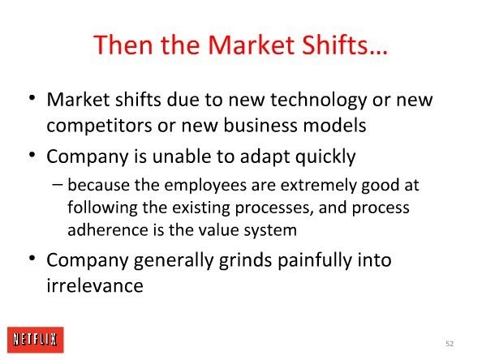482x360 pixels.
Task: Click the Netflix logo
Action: [36, 340]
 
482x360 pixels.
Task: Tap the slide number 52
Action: [450, 344]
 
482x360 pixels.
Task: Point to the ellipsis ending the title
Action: [378, 52]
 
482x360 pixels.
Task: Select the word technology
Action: [318, 101]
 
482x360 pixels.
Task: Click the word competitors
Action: [99, 126]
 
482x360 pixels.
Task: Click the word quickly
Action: [325, 157]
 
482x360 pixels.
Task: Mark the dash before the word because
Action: [57, 185]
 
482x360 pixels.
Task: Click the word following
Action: [102, 208]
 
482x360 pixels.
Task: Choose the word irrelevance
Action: [95, 285]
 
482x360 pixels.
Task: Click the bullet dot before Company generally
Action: [32, 258]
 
